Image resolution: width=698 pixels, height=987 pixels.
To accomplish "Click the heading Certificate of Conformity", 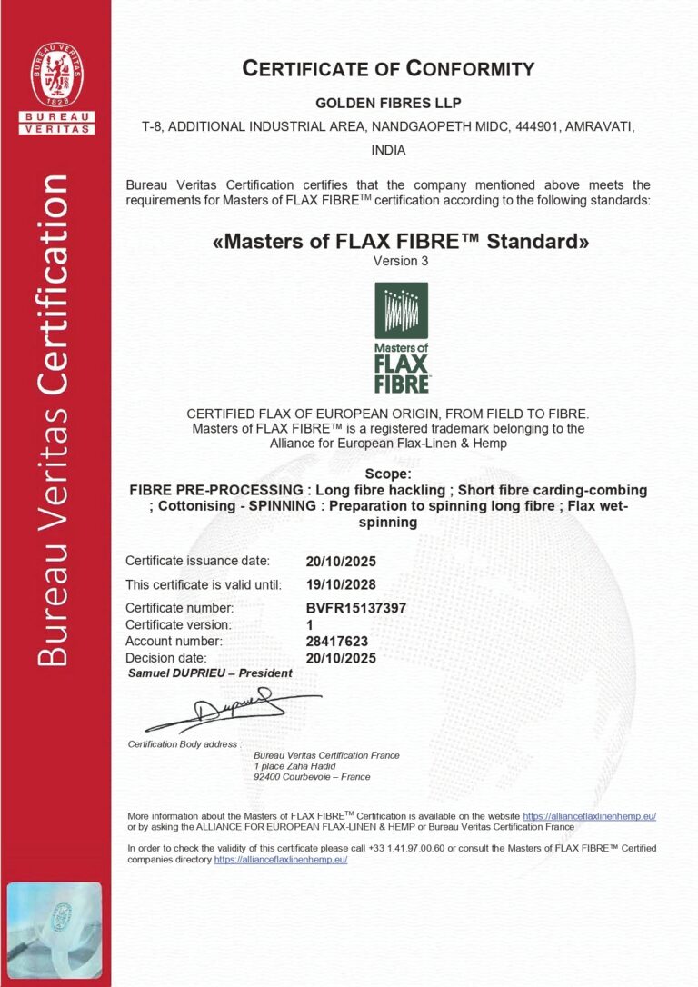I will pos(388,68).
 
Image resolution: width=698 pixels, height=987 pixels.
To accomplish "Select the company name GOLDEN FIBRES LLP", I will pos(388,104).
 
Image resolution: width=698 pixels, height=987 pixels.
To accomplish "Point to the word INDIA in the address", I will pos(388,150).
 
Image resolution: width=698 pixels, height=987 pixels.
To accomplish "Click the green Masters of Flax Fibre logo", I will pos(401,337).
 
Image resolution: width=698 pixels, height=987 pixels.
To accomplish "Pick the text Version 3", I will pos(401,261).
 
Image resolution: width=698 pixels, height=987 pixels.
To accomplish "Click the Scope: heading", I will pos(388,474).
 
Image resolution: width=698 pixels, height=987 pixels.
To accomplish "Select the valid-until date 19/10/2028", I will pos(342,583).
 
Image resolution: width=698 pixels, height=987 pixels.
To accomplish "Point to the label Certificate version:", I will pos(179,624).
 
